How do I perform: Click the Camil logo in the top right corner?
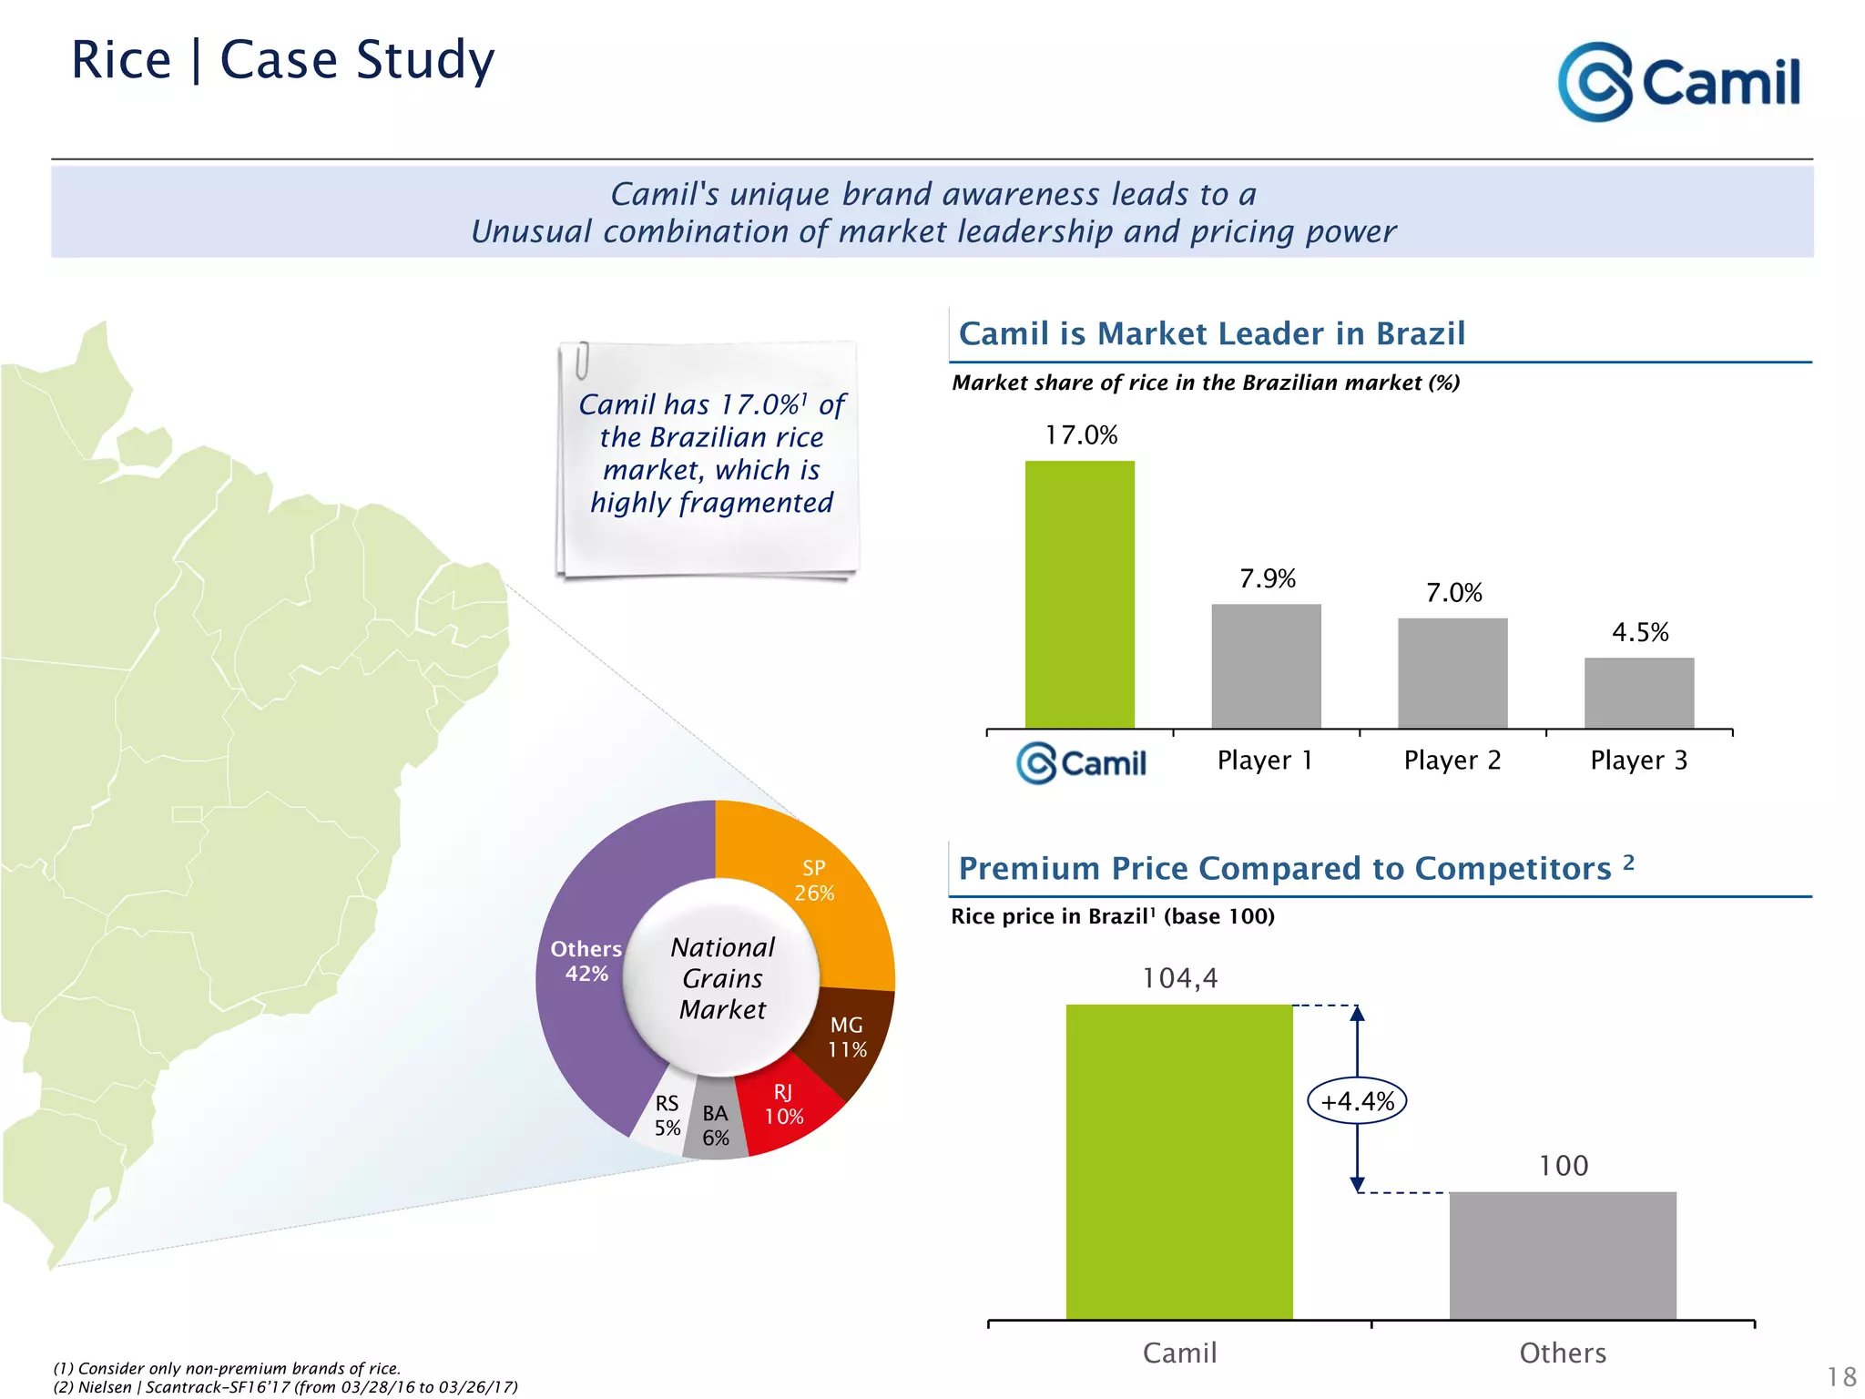(x=1678, y=82)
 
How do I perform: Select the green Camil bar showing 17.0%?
(x=1079, y=594)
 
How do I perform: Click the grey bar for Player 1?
(x=1266, y=666)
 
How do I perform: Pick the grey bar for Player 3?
(x=1638, y=692)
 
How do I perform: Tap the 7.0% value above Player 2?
(x=1453, y=593)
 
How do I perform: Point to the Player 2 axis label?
(x=1452, y=761)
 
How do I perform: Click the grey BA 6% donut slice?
(x=716, y=1128)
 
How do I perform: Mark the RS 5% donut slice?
(x=667, y=1117)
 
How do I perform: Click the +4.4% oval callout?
(x=1357, y=1101)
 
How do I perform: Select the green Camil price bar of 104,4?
(x=1178, y=1161)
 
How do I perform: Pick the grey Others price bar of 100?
(x=1562, y=1255)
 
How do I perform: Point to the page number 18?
(x=1841, y=1376)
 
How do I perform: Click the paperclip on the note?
(x=582, y=360)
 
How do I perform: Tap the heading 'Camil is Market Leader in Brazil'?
(x=1211, y=333)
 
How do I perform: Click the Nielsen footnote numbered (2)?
(x=285, y=1387)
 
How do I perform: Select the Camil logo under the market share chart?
(x=1081, y=762)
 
